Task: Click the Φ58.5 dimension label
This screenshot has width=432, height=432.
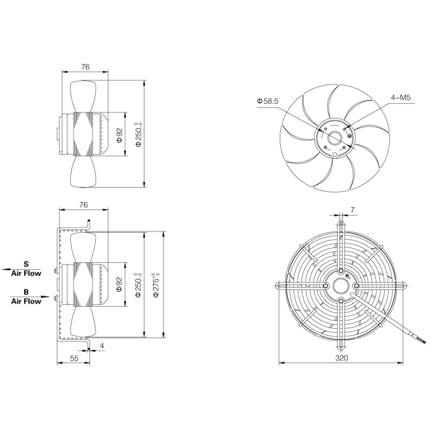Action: [267, 101]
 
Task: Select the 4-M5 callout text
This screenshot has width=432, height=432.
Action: [401, 98]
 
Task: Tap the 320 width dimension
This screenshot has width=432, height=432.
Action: [342, 357]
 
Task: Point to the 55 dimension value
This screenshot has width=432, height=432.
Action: [75, 358]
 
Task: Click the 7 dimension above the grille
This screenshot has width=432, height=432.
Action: [352, 210]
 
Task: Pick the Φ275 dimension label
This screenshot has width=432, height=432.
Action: [157, 285]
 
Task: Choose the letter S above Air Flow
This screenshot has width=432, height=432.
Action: [26, 264]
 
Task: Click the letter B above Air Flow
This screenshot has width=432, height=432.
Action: [26, 292]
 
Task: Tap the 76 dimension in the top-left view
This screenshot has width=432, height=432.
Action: [85, 67]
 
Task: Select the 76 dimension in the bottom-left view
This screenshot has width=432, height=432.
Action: [83, 205]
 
